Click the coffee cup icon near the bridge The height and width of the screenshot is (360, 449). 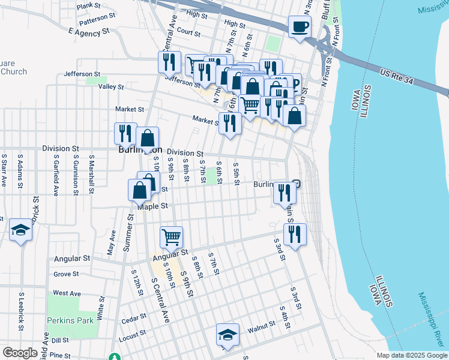(x=300, y=26)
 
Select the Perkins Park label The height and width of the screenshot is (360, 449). (x=71, y=320)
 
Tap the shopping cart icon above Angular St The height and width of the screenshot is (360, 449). (x=172, y=238)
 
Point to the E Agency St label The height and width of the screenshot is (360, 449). (x=89, y=30)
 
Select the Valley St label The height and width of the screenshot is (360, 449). (x=110, y=87)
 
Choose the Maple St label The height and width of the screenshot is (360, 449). (x=151, y=206)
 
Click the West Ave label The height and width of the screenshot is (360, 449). (x=67, y=293)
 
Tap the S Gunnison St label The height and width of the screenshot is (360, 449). (x=76, y=175)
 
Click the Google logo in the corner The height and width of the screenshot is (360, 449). (x=20, y=352)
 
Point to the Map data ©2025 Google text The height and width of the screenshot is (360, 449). (x=411, y=355)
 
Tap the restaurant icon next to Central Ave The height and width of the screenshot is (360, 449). (x=169, y=62)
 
